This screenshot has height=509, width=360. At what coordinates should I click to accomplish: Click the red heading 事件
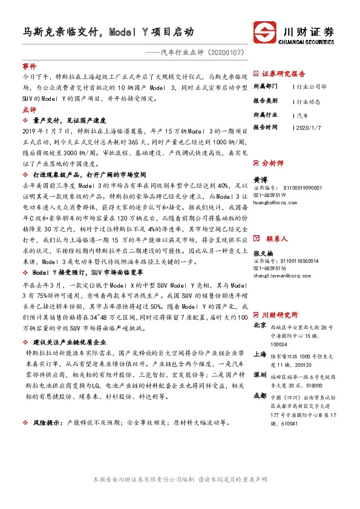pos(29,65)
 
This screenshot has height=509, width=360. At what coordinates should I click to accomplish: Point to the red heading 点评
pos(29,111)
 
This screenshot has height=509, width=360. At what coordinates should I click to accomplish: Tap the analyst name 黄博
pos(260,180)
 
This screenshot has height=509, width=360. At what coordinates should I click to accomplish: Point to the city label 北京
pos(260,326)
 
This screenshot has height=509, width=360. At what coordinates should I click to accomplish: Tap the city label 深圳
pos(260,374)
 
